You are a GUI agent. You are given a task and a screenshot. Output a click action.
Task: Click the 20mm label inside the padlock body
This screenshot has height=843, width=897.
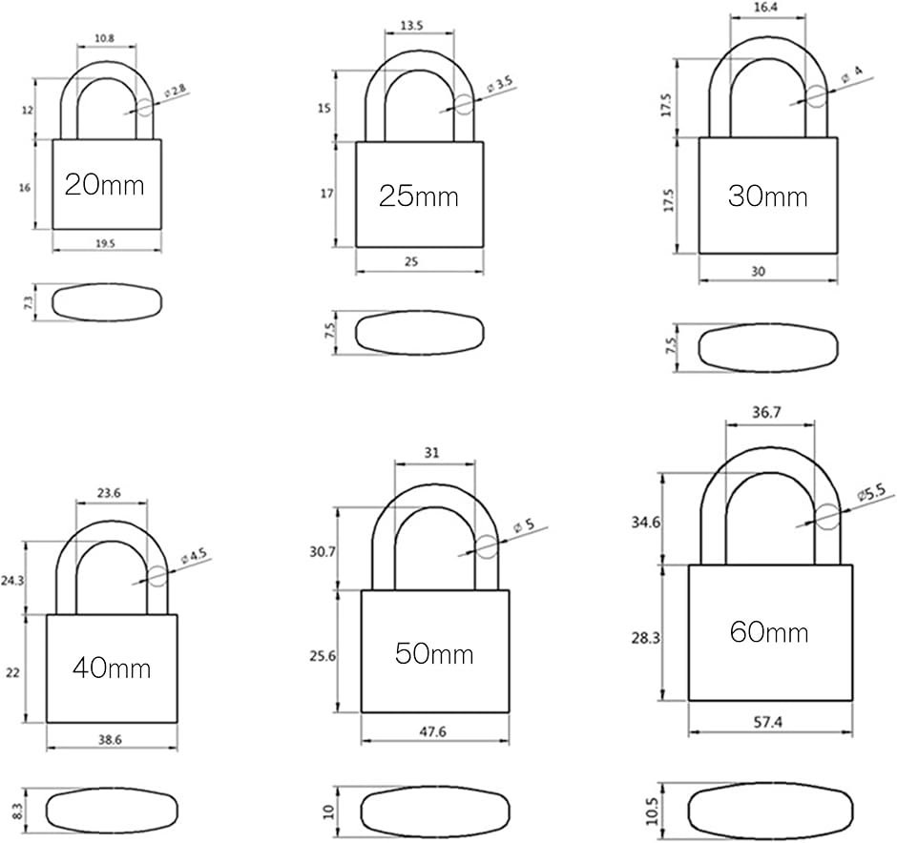(105, 184)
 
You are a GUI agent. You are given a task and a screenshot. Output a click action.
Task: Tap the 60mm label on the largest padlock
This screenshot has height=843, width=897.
(769, 631)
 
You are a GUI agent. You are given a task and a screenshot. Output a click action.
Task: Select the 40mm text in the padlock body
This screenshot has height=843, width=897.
(112, 668)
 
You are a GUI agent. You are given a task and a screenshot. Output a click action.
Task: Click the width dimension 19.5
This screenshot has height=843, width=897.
(105, 244)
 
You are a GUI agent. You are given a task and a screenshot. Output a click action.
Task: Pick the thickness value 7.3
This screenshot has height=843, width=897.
(28, 302)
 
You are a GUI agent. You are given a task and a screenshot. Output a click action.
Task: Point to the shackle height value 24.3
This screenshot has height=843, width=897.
(12, 578)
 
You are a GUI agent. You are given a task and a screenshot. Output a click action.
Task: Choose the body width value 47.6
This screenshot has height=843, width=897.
(434, 732)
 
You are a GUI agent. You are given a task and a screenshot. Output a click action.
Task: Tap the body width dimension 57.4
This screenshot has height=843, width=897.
(769, 724)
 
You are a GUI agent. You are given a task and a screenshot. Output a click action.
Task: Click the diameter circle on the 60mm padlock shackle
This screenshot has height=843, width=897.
(827, 517)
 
